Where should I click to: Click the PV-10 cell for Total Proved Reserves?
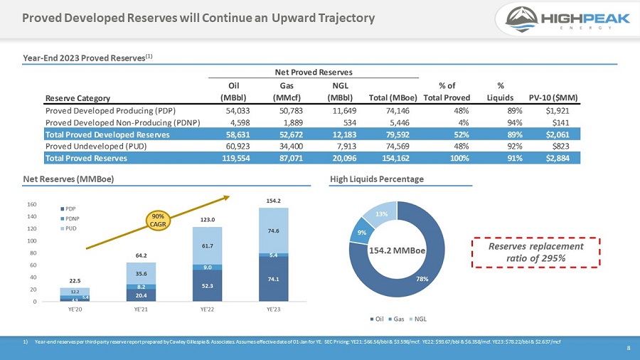click(561, 158)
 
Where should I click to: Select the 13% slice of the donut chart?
click(383, 213)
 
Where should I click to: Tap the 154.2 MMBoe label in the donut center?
click(397, 250)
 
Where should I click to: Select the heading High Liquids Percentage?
click(376, 179)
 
